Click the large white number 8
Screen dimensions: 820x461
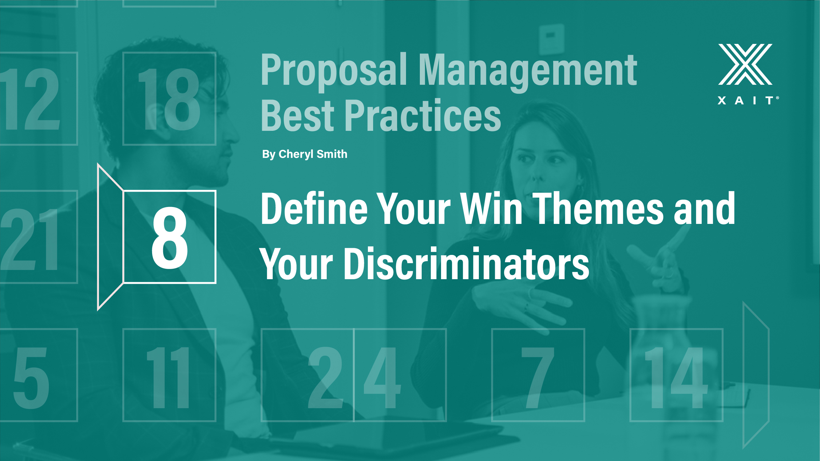[169, 237]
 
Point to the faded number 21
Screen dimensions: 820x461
[29, 239]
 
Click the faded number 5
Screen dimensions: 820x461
[31, 378]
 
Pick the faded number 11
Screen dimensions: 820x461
[168, 377]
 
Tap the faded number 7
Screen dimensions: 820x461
[538, 377]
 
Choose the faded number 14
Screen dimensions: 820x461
[676, 377]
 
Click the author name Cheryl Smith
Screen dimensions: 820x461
[313, 154]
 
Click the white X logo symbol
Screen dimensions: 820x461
[745, 64]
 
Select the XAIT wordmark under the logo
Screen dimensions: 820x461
[748, 100]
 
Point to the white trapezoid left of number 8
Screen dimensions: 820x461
[110, 237]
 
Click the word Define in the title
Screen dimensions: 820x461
[314, 209]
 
